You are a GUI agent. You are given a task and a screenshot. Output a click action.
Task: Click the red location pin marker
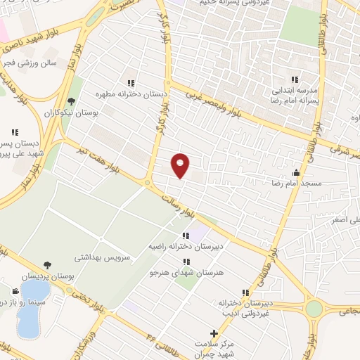pos(181,165)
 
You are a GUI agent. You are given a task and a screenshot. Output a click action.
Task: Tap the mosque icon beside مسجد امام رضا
pos(296,172)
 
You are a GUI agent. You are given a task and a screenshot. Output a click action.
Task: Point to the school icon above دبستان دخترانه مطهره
pos(130,83)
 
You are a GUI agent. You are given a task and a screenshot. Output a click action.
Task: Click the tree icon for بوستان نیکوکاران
pos(71,103)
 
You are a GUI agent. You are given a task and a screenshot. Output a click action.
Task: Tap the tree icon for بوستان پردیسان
pos(47,265)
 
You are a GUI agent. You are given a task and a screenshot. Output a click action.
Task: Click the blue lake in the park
pos(28,320)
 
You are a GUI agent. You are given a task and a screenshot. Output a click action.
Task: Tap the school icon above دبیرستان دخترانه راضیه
pos(186,236)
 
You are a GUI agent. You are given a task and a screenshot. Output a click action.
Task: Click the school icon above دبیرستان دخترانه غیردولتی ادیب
pos(245,292)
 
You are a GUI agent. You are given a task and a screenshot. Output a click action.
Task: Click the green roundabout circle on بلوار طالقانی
pos(314,309)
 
